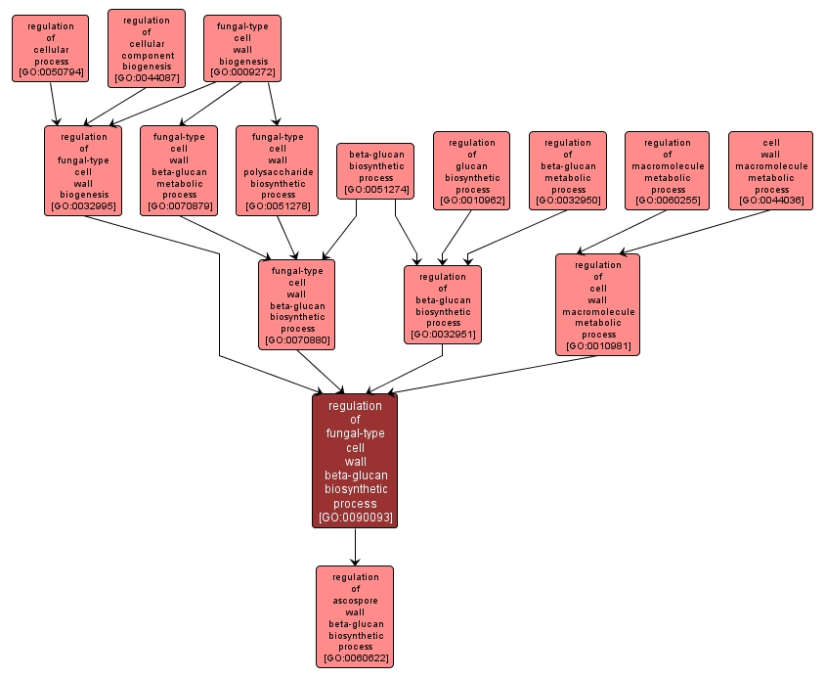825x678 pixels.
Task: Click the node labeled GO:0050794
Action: click(x=50, y=48)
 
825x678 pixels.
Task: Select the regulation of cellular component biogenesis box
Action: click(x=146, y=48)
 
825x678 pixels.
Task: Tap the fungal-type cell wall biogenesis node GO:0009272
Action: click(x=242, y=48)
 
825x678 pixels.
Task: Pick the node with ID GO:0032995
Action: click(x=83, y=170)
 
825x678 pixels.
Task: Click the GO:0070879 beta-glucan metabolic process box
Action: click(x=179, y=170)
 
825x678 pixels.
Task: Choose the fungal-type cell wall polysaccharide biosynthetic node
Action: click(x=277, y=170)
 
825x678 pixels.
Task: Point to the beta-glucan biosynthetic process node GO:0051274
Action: click(x=376, y=171)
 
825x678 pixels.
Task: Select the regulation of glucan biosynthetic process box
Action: click(x=472, y=171)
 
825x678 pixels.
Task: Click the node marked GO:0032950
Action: click(x=568, y=171)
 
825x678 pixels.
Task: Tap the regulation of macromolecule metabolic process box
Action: click(x=668, y=171)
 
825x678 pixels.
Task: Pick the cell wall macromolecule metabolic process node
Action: click(x=770, y=171)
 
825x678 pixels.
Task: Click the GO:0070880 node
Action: click(x=297, y=304)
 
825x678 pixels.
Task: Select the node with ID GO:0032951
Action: click(x=443, y=304)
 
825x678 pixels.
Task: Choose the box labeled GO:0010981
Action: click(x=597, y=304)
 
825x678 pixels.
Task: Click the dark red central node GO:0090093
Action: click(x=355, y=461)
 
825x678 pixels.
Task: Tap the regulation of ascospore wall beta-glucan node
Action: click(x=355, y=616)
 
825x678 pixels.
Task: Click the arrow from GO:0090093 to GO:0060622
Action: click(x=355, y=547)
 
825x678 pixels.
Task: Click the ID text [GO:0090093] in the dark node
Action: click(x=355, y=518)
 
